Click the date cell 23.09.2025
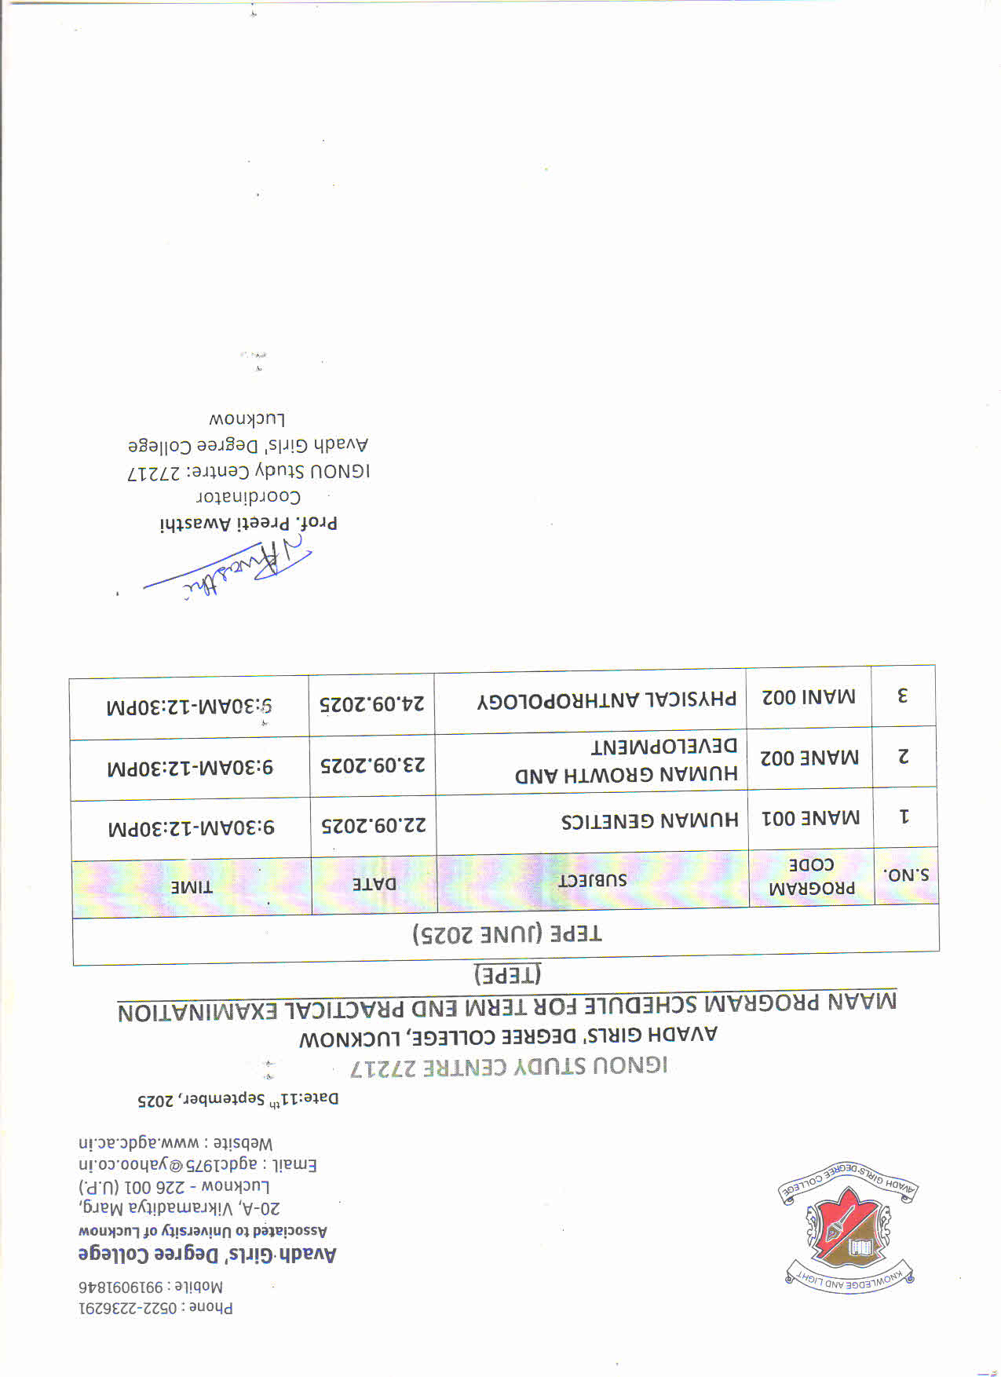pos(373,765)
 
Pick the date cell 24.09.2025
pos(372,703)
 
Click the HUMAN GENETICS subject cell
pos(650,821)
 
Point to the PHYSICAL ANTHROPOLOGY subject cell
pos(608,699)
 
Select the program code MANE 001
pos(811,819)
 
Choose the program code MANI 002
pos(809,697)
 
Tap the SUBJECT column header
pos(593,880)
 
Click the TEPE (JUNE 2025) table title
pos(507,934)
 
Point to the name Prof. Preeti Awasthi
pos(249,524)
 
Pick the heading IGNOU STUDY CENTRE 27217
pos(509,1066)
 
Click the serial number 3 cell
pos(903,696)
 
